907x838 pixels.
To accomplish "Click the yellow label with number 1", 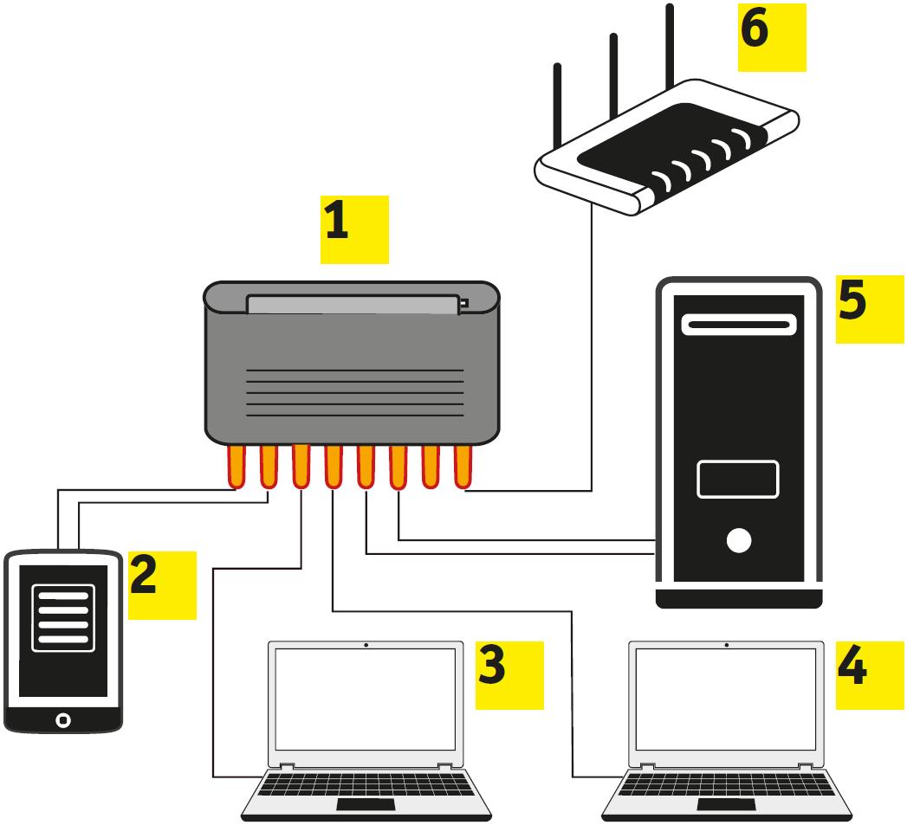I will pyautogui.click(x=354, y=229).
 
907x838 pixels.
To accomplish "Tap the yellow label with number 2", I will pyautogui.click(x=162, y=585).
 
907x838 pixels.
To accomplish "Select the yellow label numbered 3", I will pyautogui.click(x=509, y=674).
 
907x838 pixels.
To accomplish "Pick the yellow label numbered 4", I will pyautogui.click(x=869, y=674).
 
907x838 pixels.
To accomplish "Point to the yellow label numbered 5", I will pyautogui.click(x=870, y=309).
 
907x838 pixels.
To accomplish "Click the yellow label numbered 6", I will pyautogui.click(x=771, y=36).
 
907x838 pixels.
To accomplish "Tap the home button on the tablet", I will pyautogui.click(x=62, y=719).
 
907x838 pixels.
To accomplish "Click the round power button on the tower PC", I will pyautogui.click(x=739, y=541).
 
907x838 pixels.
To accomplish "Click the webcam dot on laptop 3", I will pyautogui.click(x=366, y=645).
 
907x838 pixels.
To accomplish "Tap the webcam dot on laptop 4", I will pyautogui.click(x=726, y=645).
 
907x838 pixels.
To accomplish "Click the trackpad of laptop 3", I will pyautogui.click(x=365, y=805).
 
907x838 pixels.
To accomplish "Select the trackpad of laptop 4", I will pyautogui.click(x=724, y=805).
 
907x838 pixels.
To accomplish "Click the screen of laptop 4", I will pyautogui.click(x=726, y=699).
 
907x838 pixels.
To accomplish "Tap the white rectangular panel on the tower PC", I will pyautogui.click(x=738, y=480).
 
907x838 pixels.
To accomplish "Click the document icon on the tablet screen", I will pyautogui.click(x=61, y=616).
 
